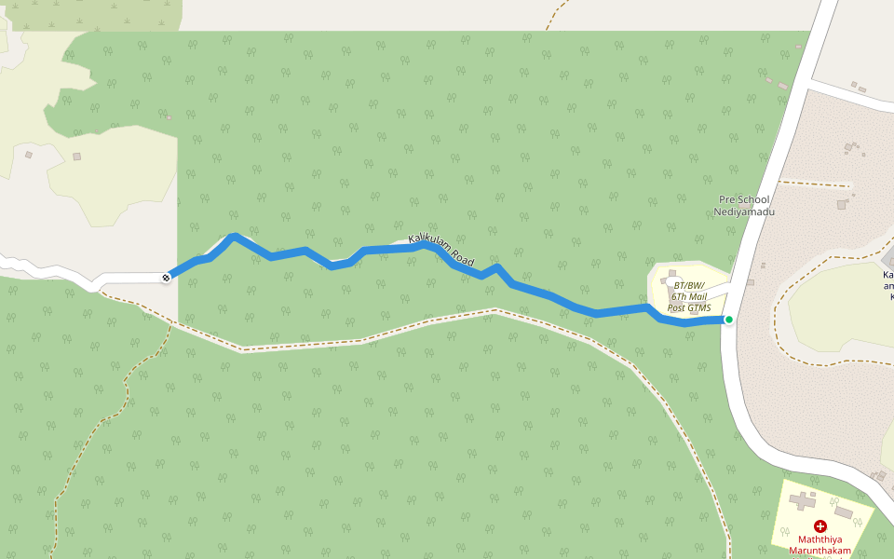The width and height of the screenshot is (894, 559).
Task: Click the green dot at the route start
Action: click(x=729, y=320)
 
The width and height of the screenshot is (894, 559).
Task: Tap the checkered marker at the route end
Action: click(x=166, y=277)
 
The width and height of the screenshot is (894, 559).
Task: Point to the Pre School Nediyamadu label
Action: click(x=744, y=205)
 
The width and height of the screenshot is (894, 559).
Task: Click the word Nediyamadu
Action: click(x=744, y=211)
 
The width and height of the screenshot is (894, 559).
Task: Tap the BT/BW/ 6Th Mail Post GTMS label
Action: click(x=689, y=296)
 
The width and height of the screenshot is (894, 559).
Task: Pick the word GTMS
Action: click(x=700, y=307)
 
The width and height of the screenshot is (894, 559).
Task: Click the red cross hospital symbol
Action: click(x=820, y=526)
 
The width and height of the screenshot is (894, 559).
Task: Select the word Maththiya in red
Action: click(x=820, y=539)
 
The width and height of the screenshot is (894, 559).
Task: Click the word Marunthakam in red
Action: click(x=820, y=551)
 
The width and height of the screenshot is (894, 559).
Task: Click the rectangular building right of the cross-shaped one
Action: click(x=844, y=512)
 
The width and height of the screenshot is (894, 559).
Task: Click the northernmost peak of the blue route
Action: click(x=234, y=237)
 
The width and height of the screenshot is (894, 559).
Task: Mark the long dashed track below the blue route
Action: click(x=372, y=337)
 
